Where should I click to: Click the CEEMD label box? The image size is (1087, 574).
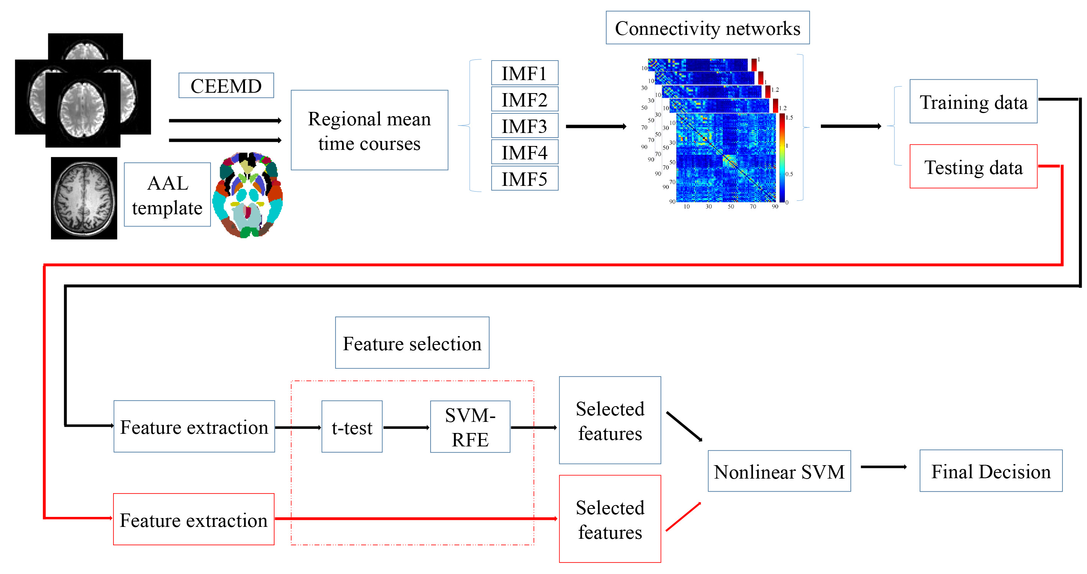pyautogui.click(x=226, y=85)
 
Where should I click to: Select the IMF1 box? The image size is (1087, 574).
pyautogui.click(x=525, y=73)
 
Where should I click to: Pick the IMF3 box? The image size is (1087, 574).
pyautogui.click(x=525, y=126)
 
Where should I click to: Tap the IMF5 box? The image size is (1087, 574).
pyautogui.click(x=525, y=179)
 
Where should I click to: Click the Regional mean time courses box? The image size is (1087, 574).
pyautogui.click(x=369, y=130)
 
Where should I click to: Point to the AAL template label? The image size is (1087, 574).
pyautogui.click(x=167, y=195)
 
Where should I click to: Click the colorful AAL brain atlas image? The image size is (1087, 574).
pyautogui.click(x=248, y=195)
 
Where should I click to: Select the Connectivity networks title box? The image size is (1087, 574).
pyautogui.click(x=707, y=28)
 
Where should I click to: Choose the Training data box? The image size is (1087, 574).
pyautogui.click(x=973, y=102)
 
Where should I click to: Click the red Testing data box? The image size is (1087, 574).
pyautogui.click(x=973, y=167)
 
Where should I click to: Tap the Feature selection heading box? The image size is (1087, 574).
pyautogui.click(x=412, y=343)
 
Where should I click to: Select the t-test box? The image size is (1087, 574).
pyautogui.click(x=352, y=427)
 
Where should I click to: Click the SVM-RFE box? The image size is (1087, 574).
pyautogui.click(x=470, y=427)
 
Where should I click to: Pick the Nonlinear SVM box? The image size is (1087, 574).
pyautogui.click(x=779, y=471)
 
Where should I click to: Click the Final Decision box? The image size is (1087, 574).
pyautogui.click(x=990, y=471)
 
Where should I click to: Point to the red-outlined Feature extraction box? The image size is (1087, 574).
pyautogui.click(x=194, y=519)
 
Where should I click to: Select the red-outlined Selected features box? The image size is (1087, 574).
pyautogui.click(x=610, y=519)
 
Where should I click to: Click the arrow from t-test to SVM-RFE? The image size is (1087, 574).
pyautogui.click(x=406, y=428)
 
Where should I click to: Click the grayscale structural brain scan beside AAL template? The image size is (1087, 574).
pyautogui.click(x=84, y=198)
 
